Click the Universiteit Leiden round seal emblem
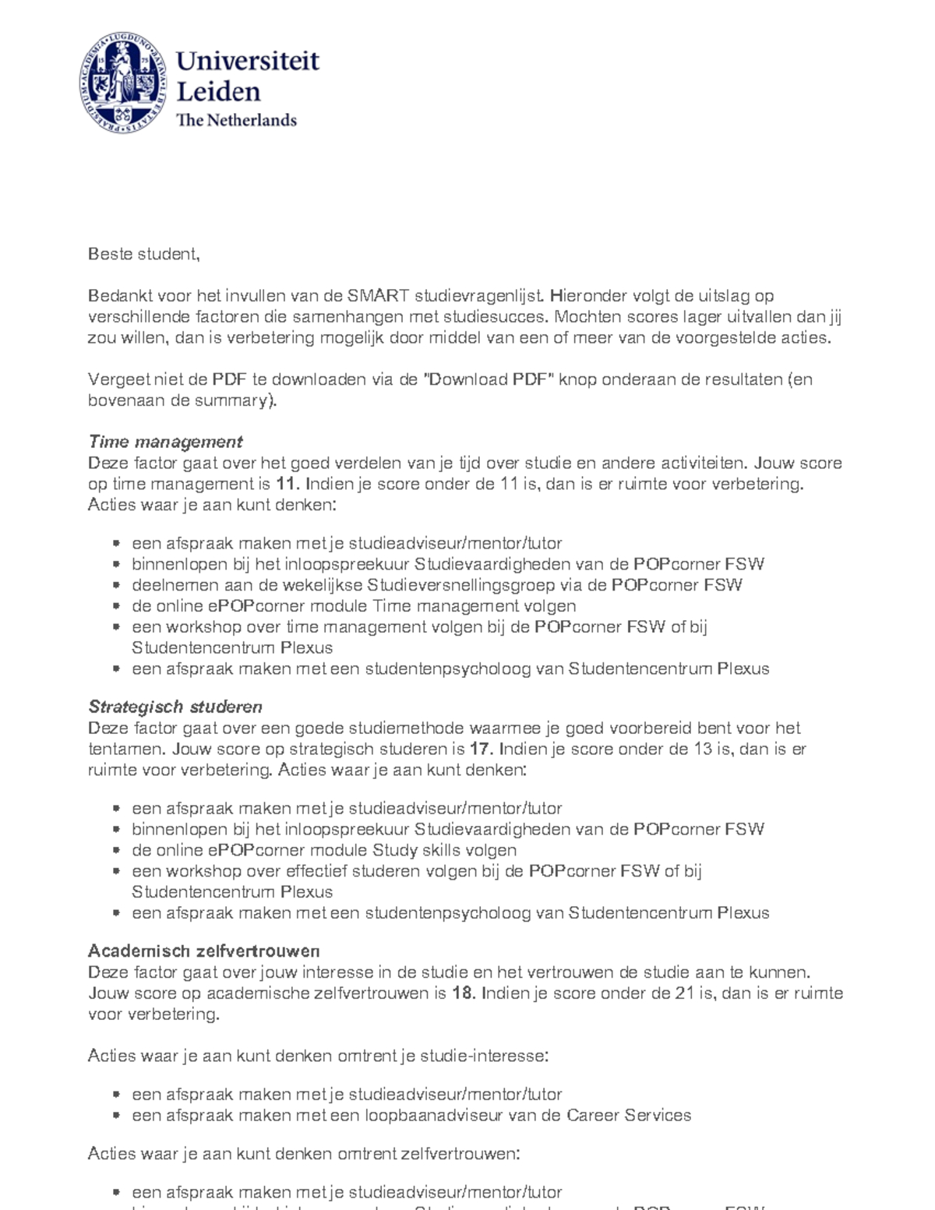(124, 83)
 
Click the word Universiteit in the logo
(248, 61)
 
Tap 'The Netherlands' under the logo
(237, 120)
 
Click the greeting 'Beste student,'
(144, 254)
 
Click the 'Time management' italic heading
(165, 442)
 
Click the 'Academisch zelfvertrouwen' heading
(204, 951)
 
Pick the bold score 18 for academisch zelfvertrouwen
(463, 993)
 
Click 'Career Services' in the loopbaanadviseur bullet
(629, 1116)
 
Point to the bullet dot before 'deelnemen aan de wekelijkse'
(115, 585)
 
